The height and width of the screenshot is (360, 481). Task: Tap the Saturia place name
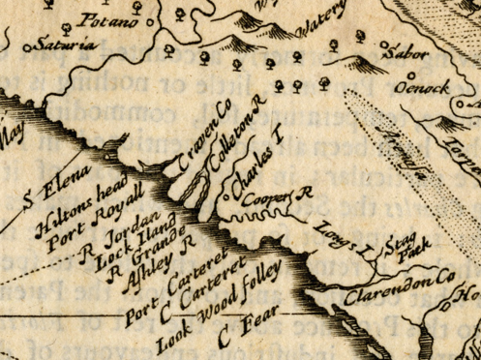pos(63,44)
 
